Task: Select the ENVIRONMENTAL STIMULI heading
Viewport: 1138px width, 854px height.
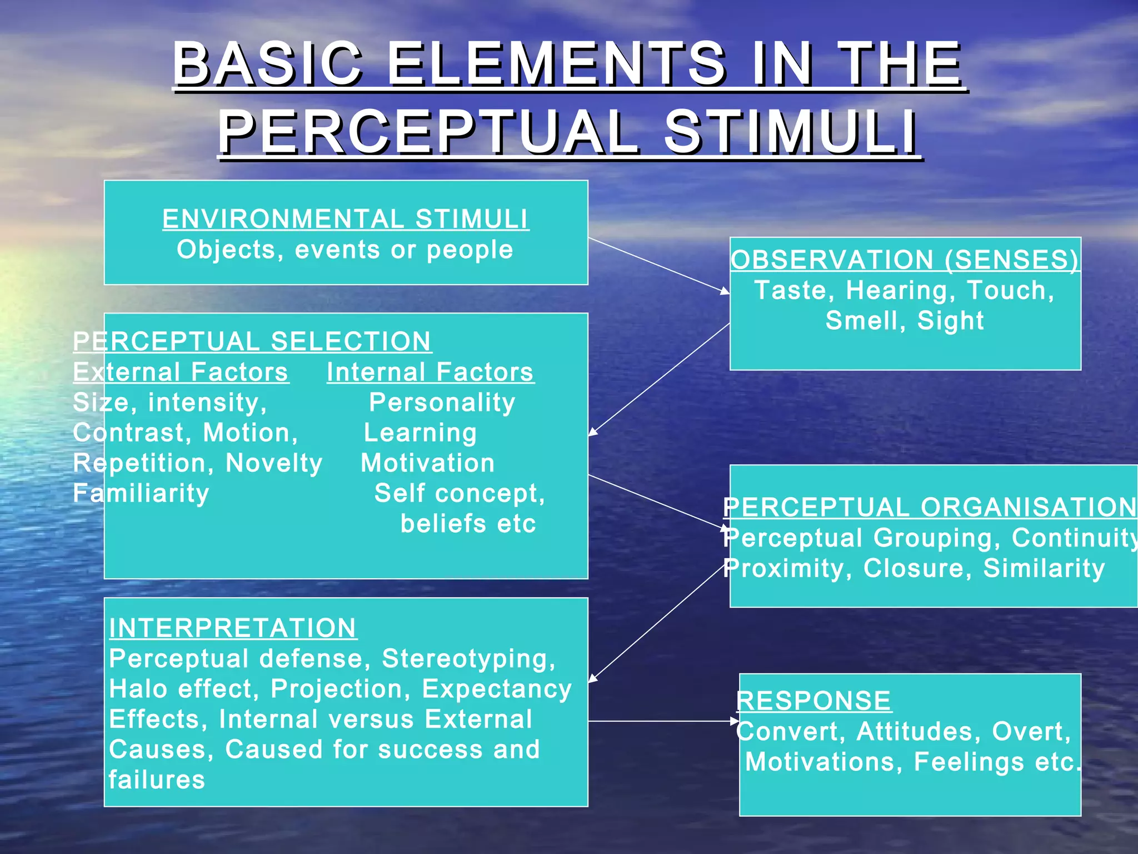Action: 345,219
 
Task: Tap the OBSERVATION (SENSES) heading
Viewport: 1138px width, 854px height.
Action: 905,260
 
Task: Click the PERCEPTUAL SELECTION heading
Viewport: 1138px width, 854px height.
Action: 252,341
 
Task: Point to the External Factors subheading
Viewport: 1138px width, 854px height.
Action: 181,372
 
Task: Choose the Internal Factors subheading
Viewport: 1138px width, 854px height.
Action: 430,372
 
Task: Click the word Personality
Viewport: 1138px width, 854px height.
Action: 442,403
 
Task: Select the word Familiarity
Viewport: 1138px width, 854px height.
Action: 141,493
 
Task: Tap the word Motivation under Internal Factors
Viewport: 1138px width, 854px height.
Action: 428,463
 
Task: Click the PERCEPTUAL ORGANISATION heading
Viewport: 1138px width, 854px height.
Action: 930,507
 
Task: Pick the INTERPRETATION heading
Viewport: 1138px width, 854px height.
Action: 233,628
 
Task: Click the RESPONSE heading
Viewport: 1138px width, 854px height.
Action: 814,701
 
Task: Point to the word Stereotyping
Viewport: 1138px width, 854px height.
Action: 468,659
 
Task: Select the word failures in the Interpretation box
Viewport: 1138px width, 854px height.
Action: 157,780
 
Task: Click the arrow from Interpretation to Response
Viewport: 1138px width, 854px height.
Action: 661,721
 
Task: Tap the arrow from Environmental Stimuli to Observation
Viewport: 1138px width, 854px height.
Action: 658,265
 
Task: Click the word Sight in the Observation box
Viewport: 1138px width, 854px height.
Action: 950,321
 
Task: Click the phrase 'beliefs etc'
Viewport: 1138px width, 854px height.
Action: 468,524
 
